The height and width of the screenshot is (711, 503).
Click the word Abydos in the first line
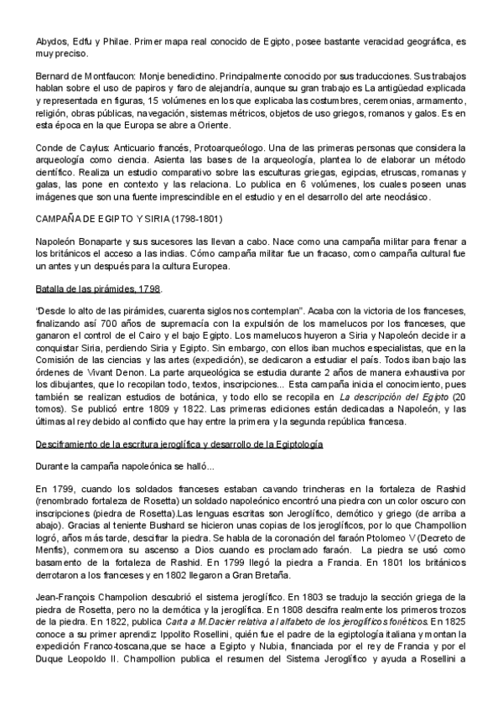coord(50,40)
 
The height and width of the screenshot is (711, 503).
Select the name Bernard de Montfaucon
coord(85,75)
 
